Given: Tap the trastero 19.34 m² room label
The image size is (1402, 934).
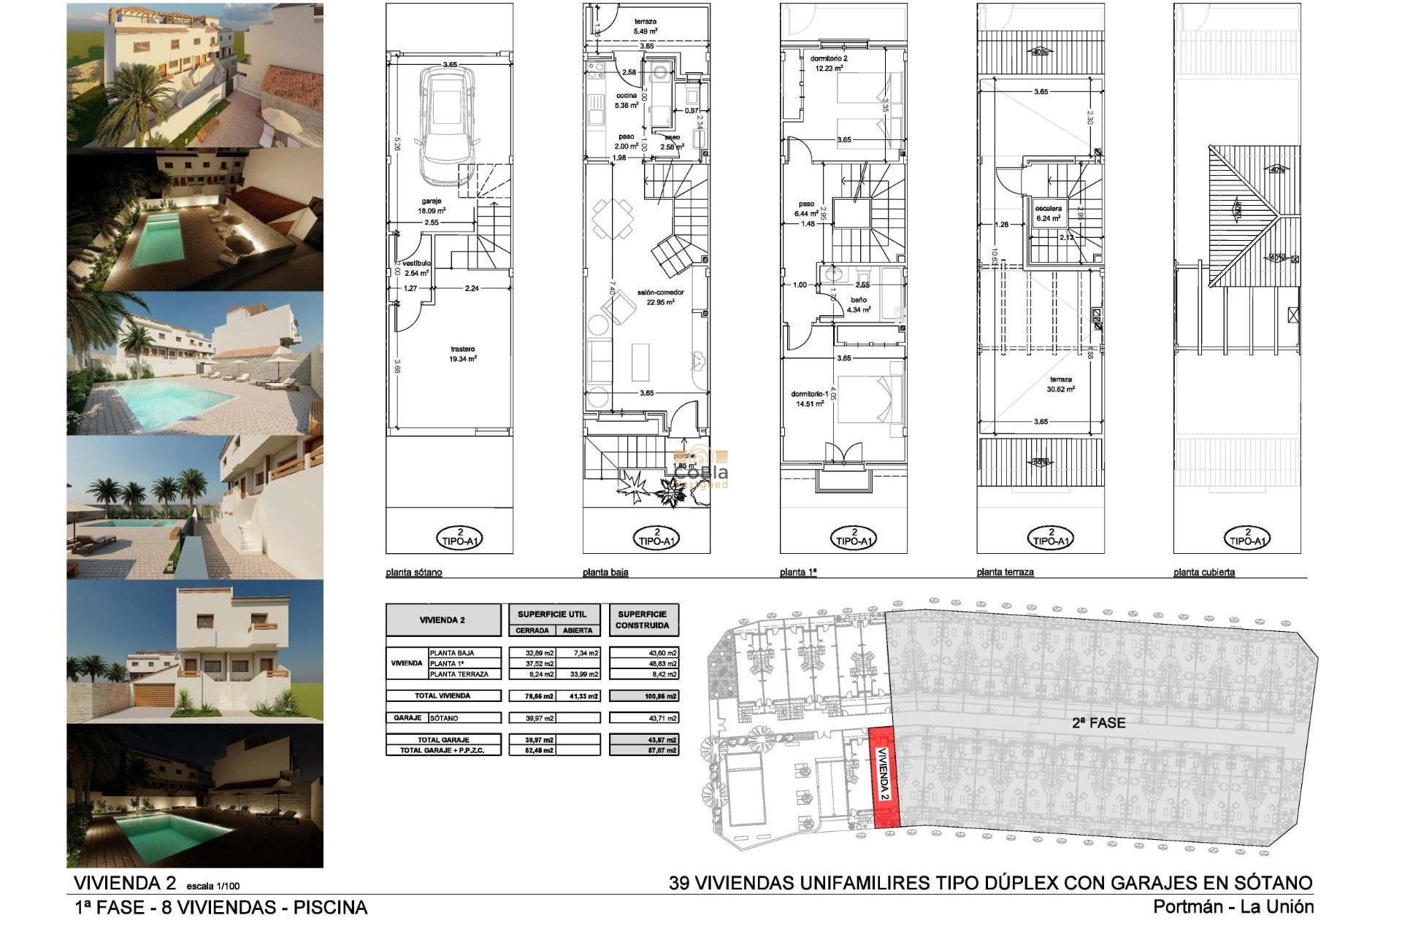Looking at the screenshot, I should pyautogui.click(x=463, y=354).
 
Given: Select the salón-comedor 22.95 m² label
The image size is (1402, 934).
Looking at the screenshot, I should pyautogui.click(x=660, y=296).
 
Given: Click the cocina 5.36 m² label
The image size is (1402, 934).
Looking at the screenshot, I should pyautogui.click(x=627, y=100).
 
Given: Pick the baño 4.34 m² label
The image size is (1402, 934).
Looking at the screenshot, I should pyautogui.click(x=859, y=304).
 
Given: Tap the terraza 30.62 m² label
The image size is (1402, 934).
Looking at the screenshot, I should pyautogui.click(x=1061, y=384).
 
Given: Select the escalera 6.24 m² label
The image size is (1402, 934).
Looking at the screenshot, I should pyautogui.click(x=1048, y=212).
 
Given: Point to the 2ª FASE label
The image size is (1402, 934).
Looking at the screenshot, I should pyautogui.click(x=1098, y=722).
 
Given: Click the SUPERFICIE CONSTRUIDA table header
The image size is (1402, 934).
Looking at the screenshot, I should pyautogui.click(x=642, y=620).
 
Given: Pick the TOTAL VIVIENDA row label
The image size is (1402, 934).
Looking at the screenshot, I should pyautogui.click(x=443, y=695).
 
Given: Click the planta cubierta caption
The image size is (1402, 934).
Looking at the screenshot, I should pyautogui.click(x=1204, y=572).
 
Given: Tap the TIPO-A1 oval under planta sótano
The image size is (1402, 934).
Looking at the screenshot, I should pyautogui.click(x=459, y=539).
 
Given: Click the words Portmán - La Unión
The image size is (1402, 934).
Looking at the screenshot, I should pyautogui.click(x=1233, y=907).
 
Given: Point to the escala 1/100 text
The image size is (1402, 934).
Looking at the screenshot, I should pyautogui.click(x=213, y=886).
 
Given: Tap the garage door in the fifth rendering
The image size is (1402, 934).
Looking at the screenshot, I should pyautogui.click(x=153, y=695).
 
